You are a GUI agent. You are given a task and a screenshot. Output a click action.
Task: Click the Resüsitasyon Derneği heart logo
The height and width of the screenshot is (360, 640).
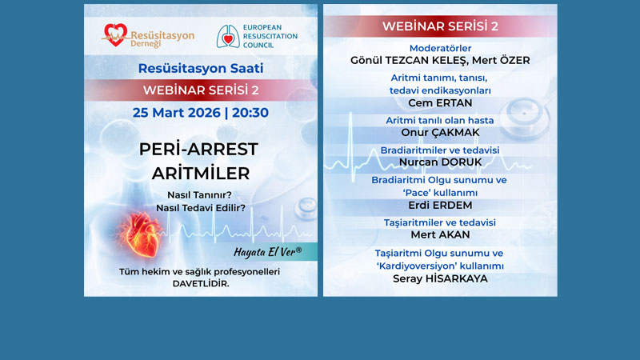point(114,34)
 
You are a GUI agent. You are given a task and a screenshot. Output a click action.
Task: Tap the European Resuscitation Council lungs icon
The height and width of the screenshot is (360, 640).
point(229,36)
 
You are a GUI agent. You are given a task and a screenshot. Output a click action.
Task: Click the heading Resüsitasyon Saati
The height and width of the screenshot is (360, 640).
point(200,68)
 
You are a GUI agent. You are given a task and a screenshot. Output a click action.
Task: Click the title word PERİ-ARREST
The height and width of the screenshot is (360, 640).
point(198,150)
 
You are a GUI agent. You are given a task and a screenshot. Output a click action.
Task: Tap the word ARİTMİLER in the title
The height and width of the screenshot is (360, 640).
point(201,173)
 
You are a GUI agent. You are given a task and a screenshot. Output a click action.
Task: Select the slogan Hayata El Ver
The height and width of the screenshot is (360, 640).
point(268,251)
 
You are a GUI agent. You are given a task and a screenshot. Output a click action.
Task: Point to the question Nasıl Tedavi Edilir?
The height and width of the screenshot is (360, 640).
point(200,208)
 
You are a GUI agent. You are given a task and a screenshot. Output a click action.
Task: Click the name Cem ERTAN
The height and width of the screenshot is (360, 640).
point(440,102)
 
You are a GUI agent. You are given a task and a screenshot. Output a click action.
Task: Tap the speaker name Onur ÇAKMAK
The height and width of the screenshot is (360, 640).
point(440,132)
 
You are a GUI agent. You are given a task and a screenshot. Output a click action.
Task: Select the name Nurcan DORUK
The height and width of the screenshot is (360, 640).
point(440,162)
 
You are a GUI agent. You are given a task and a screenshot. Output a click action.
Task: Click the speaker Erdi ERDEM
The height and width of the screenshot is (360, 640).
point(440,205)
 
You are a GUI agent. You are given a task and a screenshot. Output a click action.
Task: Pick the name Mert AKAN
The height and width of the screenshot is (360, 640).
point(440,234)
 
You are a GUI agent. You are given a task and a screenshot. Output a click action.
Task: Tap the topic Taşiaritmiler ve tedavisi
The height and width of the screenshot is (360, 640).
point(440,222)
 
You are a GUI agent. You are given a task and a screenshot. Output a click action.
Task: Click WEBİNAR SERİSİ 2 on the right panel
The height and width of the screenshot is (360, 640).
point(440,26)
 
